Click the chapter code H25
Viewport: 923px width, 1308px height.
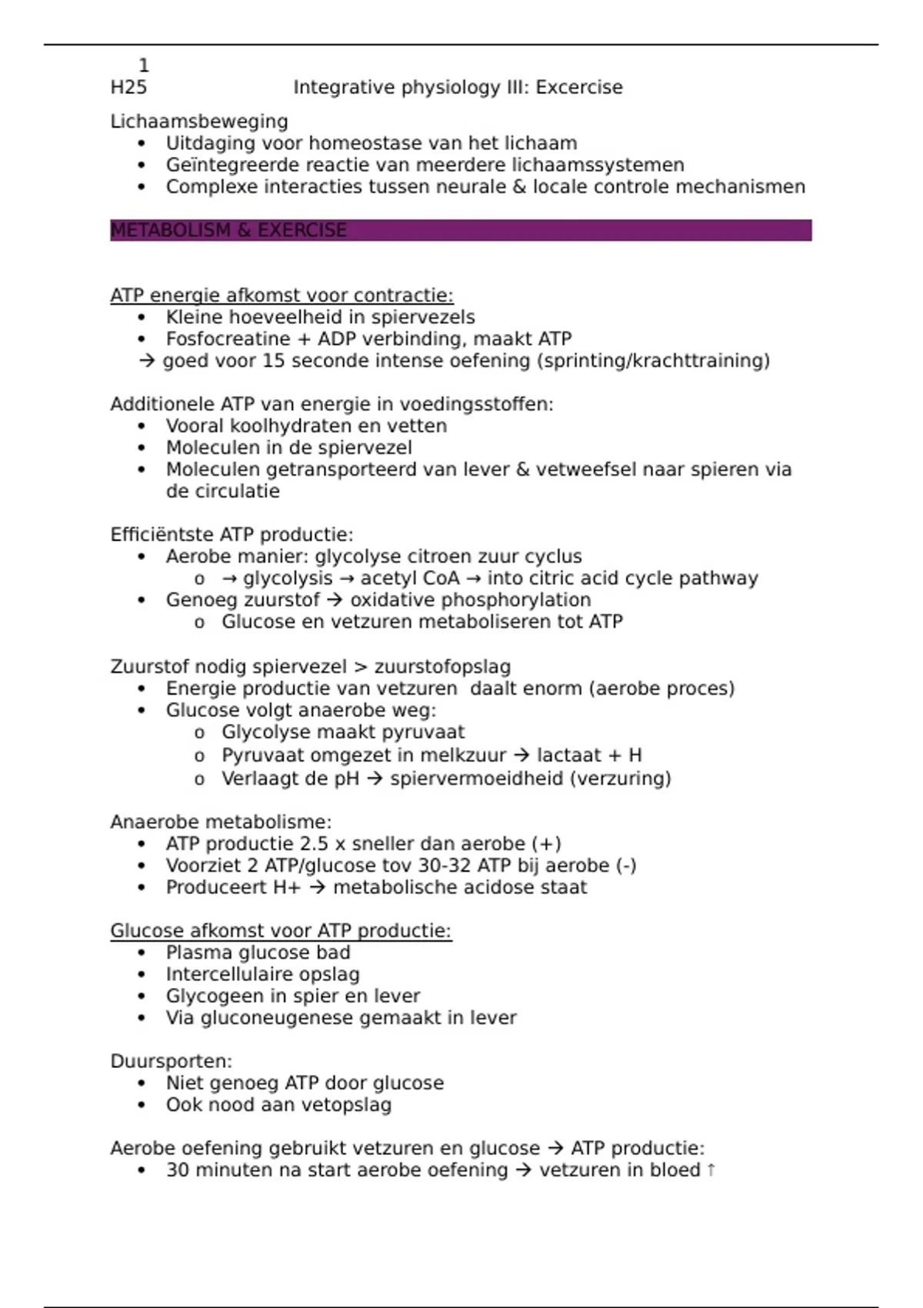pos(128,88)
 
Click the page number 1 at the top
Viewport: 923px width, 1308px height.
pos(144,66)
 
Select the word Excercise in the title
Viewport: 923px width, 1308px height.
pos(578,88)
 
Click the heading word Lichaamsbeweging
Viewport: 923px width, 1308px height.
pos(199,122)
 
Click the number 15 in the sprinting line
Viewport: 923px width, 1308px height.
pos(273,361)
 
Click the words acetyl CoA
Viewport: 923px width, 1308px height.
pos(409,579)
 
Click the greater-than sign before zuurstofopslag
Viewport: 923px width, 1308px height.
pos(360,667)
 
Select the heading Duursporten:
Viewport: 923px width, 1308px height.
pos(171,1062)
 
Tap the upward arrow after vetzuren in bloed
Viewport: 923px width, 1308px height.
pos(711,1170)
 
